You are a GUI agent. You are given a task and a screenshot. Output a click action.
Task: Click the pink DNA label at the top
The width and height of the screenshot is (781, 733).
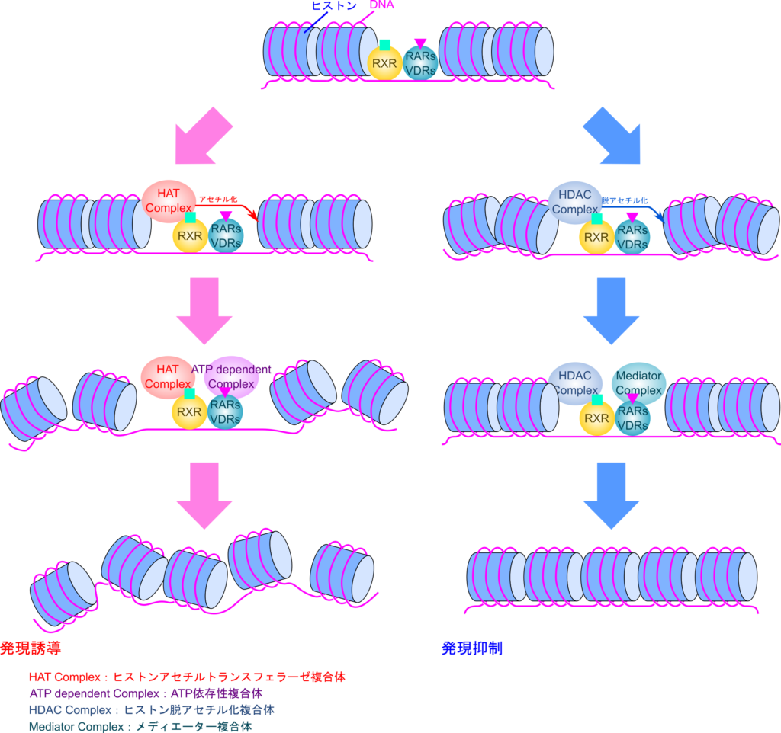[x=382, y=5]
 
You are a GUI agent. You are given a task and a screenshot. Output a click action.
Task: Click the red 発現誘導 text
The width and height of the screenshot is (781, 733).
[x=31, y=648]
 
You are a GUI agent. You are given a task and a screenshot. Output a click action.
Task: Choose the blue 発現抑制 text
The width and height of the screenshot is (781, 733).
[x=472, y=648]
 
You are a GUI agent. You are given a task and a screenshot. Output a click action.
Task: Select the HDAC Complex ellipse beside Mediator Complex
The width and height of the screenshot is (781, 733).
[x=574, y=381]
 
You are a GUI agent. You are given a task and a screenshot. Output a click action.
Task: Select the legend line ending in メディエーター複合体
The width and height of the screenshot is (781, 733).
[x=141, y=726]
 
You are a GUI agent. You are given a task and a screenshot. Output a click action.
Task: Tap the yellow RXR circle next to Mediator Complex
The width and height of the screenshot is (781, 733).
[x=596, y=418]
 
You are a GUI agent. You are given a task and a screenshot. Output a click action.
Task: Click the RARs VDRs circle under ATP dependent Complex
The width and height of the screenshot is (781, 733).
[x=227, y=412]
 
